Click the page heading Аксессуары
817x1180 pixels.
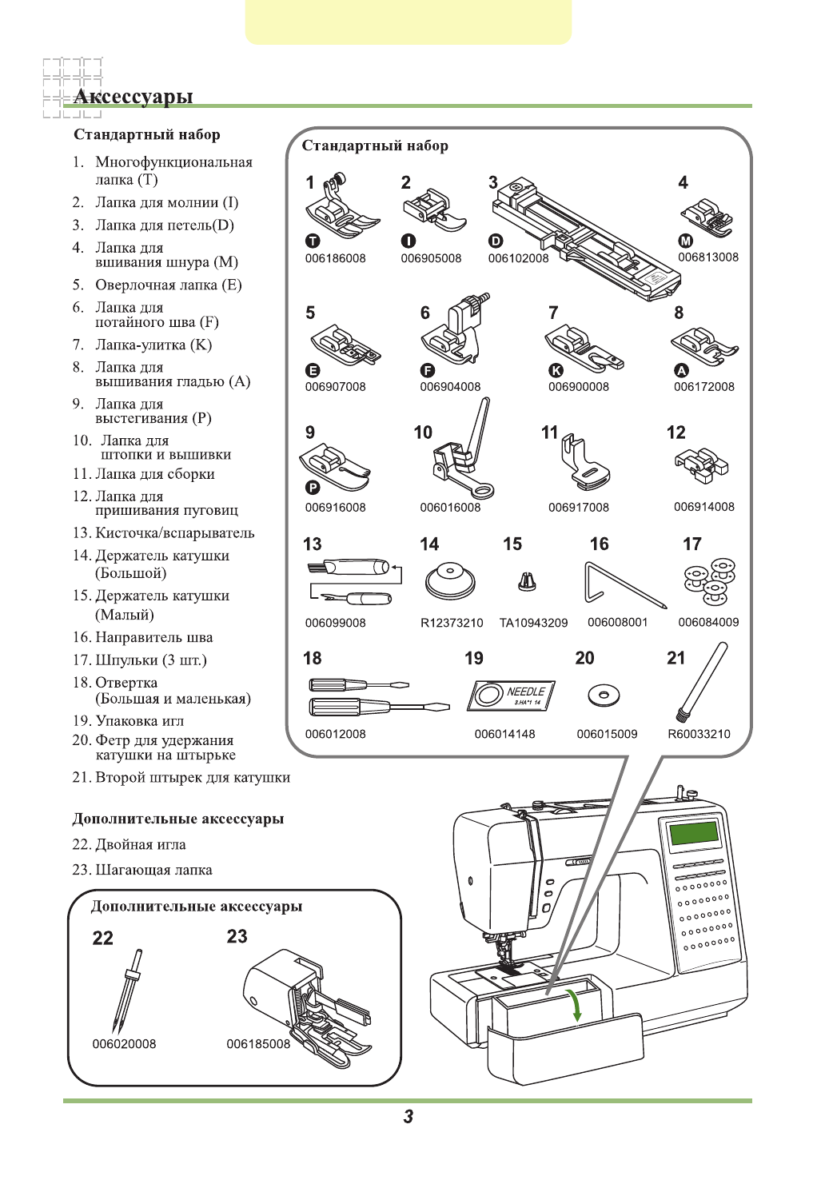tap(134, 97)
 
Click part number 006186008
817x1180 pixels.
tap(335, 258)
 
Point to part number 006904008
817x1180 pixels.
tap(450, 387)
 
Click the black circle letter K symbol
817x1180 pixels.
tap(556, 370)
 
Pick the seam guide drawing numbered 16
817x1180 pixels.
tap(621, 582)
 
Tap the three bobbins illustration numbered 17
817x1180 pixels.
tap(709, 580)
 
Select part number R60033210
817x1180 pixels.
tap(699, 734)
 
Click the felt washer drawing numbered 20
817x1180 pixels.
tap(604, 695)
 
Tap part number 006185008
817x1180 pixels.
tap(258, 1044)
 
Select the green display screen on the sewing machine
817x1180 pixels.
tap(694, 832)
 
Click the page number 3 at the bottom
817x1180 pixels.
tap(408, 1117)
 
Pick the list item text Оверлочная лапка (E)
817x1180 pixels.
tap(168, 285)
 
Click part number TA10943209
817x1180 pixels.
tap(533, 623)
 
